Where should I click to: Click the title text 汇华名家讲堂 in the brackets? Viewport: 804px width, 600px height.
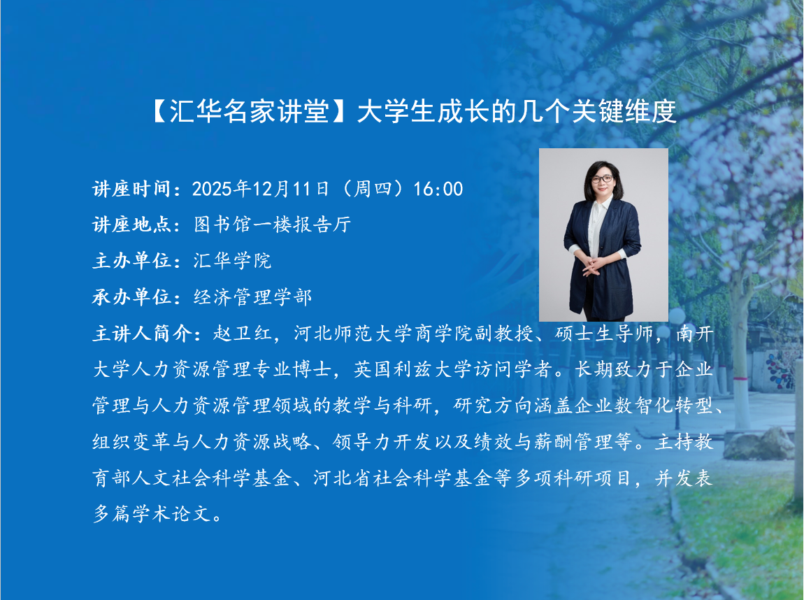(x=249, y=111)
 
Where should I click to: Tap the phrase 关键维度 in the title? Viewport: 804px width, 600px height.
(x=624, y=111)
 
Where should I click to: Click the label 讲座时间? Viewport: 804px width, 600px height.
(x=131, y=189)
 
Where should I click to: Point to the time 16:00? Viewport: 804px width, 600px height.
(x=438, y=190)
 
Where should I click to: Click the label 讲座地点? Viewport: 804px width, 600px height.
(x=131, y=224)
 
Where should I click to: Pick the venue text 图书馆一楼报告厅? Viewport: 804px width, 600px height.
(x=272, y=224)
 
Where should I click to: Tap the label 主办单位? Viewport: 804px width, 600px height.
(x=131, y=261)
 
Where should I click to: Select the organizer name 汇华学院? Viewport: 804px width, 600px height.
(x=232, y=261)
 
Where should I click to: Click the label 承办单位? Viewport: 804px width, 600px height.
(x=131, y=297)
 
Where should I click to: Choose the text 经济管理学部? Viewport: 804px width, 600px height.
(x=252, y=297)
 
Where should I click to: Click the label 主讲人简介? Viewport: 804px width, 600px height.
(x=141, y=334)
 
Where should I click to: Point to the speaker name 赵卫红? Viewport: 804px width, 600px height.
(x=242, y=334)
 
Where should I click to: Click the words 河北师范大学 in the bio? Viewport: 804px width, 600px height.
(x=353, y=334)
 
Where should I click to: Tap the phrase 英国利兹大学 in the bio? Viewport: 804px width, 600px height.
(x=412, y=369)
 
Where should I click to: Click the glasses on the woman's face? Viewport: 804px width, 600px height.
(x=602, y=179)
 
